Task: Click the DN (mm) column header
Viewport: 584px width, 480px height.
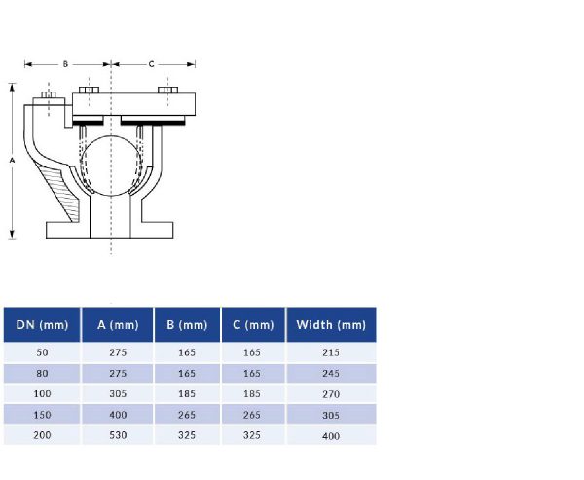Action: [x=42, y=324]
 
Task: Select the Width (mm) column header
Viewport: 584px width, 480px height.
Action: [x=330, y=324]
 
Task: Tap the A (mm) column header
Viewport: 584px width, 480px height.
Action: [x=118, y=324]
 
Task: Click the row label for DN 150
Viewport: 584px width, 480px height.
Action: [x=42, y=415]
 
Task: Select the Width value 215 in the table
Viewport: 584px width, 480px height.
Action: [x=330, y=351]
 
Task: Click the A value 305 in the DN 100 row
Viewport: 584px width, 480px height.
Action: [x=118, y=393]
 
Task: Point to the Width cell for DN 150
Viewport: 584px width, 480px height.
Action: [x=330, y=415]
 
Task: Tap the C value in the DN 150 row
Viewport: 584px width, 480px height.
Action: [x=253, y=415]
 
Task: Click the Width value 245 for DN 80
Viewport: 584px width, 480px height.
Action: [x=330, y=373]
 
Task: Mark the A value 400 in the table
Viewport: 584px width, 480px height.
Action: [x=118, y=415]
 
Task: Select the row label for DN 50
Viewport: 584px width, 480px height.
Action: [x=42, y=351]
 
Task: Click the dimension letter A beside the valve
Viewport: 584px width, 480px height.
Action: [x=12, y=158]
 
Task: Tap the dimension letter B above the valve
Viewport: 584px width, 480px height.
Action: [x=65, y=64]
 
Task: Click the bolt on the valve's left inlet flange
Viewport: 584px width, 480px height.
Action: [x=45, y=99]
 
